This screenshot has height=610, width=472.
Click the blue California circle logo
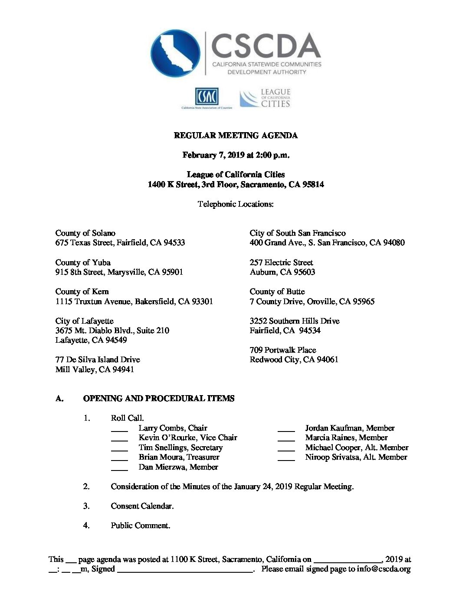coord(175,53)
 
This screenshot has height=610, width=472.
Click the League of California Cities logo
coord(265,98)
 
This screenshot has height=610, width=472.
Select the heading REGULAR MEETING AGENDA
coord(236,136)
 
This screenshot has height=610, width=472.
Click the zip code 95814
coord(313,185)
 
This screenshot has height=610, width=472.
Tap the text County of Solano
coord(85,233)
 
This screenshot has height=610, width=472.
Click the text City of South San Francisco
coord(298,233)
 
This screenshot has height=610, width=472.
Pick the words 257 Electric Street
coord(281,263)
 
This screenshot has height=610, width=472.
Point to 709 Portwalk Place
coord(283,350)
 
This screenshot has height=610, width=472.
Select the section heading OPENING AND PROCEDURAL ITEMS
coord(159,399)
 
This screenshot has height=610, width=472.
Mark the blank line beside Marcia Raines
coord(286,440)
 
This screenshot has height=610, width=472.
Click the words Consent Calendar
coord(142,506)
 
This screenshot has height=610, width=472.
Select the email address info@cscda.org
coord(383,569)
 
